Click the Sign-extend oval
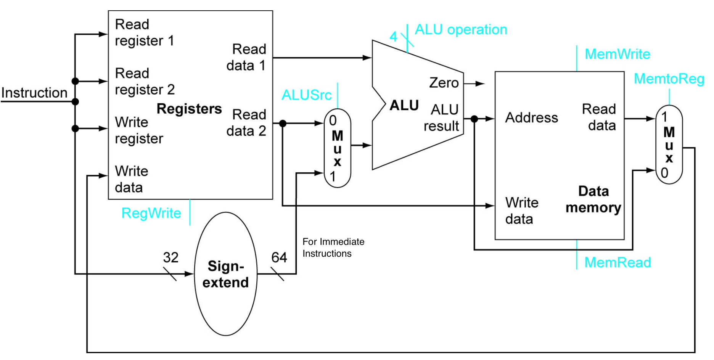[x=225, y=274]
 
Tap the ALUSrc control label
[x=306, y=95]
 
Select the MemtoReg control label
[x=669, y=79]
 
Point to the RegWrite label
[x=151, y=213]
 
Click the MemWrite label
[x=617, y=54]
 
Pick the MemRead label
[x=618, y=262]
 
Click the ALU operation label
[x=461, y=30]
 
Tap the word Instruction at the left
[x=34, y=93]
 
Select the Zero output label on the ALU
[x=444, y=83]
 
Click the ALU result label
[x=442, y=118]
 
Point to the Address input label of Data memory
[x=531, y=118]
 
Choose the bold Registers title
[x=189, y=109]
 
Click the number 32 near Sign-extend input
[x=170, y=257]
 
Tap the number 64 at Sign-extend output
[x=279, y=257]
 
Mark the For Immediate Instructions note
[x=333, y=247]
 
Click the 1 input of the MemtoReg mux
[x=664, y=117]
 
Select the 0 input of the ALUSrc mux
[x=333, y=121]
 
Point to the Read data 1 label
[x=247, y=57]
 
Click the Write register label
[x=139, y=130]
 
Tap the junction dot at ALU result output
[x=474, y=119]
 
